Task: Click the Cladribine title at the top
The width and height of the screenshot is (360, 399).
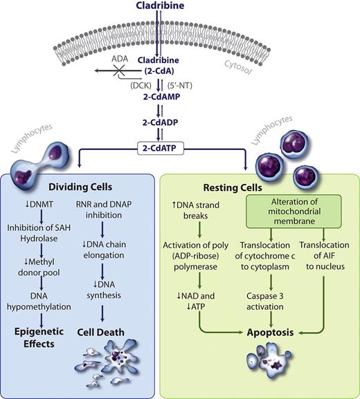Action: coord(179,8)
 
